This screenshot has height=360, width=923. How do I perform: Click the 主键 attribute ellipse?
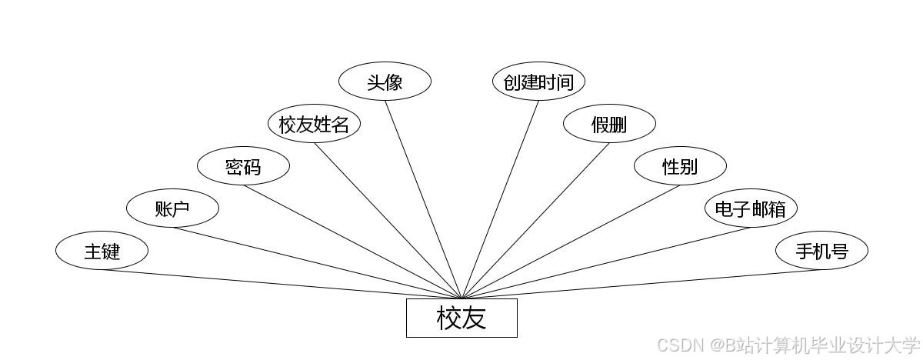pos(102,251)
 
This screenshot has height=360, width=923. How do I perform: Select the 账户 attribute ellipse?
pos(172,208)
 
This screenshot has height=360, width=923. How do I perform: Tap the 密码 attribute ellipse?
pos(243,166)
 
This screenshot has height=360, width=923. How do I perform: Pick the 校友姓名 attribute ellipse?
pos(314,124)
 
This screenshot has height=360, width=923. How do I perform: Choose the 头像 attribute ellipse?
pos(385,82)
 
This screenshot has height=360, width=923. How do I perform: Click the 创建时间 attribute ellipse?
pos(538,82)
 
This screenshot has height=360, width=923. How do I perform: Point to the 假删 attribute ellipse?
pos(609,124)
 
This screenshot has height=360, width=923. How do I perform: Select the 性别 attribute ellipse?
pos(680,166)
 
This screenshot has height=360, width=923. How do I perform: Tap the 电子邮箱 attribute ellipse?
pos(751,208)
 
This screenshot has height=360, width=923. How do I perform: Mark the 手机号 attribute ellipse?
pos(821,251)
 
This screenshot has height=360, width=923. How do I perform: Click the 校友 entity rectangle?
pos(461,318)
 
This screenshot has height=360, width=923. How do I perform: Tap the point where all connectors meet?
pos(461,298)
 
